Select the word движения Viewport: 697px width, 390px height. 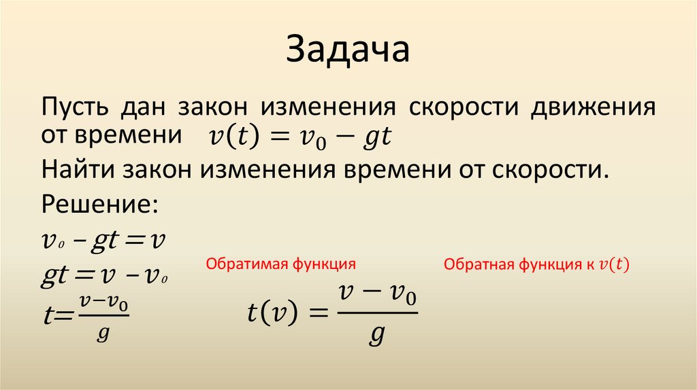click(x=594, y=109)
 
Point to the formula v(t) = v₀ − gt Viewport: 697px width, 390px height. click(x=299, y=138)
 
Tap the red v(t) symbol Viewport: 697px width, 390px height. click(x=613, y=264)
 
